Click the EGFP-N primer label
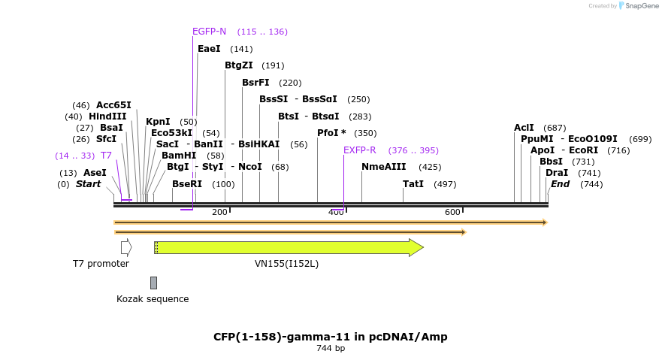(209, 32)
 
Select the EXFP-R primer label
(359, 150)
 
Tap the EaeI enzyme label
(209, 49)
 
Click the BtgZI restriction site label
(238, 65)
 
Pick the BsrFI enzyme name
(255, 83)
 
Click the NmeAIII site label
(383, 167)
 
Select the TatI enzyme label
(413, 184)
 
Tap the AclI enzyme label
(524, 128)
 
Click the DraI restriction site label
(557, 173)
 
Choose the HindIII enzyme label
(107, 116)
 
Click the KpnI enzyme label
(158, 122)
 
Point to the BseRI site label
(187, 184)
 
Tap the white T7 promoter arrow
(126, 247)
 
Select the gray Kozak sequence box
(153, 283)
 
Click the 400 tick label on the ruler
(336, 213)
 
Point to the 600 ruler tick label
(452, 213)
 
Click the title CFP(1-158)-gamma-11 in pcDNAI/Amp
(331, 337)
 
